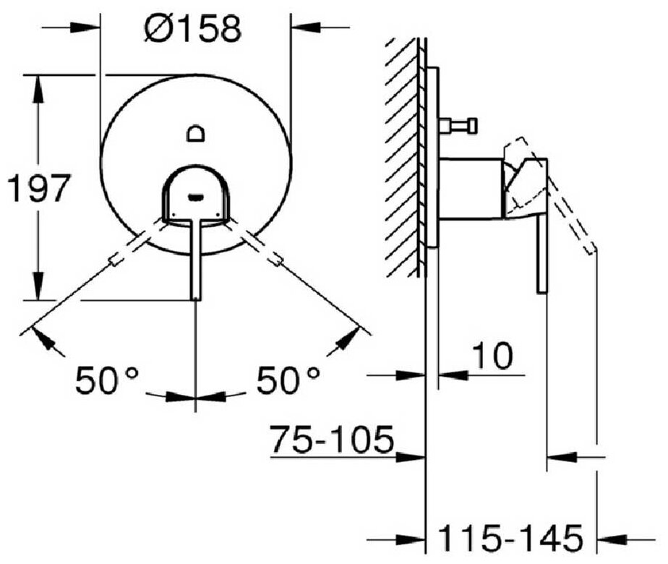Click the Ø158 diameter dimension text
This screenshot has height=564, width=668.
193,28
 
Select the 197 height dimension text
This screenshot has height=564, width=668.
38,188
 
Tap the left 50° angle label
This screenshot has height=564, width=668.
107,380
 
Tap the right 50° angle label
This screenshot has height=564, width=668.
288,380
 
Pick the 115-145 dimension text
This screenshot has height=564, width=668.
511,537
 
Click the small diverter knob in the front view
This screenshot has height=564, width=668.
196,133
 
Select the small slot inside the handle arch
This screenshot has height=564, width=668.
196,197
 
